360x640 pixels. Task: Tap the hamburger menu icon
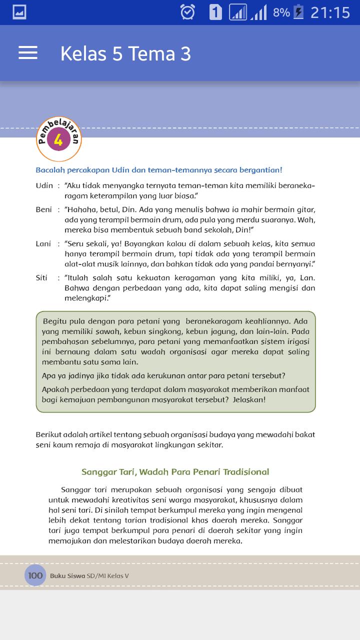coord(28,53)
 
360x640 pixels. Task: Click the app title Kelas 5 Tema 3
coord(125,54)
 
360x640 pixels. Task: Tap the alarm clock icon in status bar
coord(187,12)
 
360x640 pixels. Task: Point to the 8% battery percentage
coord(281,12)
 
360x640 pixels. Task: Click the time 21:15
coord(330,12)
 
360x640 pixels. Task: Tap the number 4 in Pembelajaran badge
coord(58,140)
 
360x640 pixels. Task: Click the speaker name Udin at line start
coord(44,185)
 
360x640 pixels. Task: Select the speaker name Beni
coord(43,209)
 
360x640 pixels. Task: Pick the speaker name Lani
coord(43,243)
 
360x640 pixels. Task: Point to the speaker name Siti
coord(41,277)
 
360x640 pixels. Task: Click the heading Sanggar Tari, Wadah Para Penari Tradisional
coord(175,471)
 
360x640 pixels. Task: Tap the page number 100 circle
coord(35,575)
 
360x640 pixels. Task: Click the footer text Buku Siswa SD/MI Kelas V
coord(89,576)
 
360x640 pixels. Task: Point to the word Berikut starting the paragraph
coord(49,434)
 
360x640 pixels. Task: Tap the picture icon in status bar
coord(19,12)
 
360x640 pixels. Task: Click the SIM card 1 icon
coord(215,12)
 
